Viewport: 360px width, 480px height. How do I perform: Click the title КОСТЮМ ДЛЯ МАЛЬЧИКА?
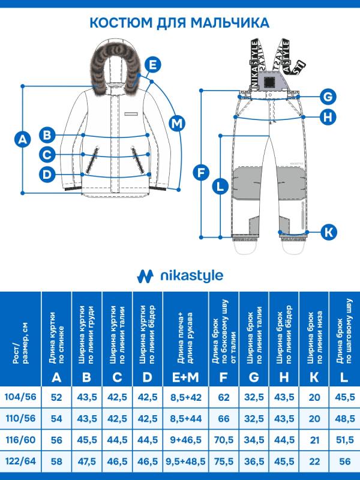point(179,23)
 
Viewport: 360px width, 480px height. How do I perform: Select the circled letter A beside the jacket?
point(22,140)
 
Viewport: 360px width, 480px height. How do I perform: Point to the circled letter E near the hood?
point(152,64)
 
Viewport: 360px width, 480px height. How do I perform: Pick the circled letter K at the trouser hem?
point(328,231)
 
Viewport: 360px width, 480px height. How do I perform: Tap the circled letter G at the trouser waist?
point(327,97)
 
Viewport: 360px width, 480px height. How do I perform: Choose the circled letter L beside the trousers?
point(220,186)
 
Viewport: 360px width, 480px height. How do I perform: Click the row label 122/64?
point(20,460)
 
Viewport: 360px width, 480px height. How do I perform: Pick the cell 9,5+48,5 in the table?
point(185,460)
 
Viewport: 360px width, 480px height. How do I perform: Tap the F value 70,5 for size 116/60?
point(224,439)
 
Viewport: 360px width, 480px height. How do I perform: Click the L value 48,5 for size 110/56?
point(343,418)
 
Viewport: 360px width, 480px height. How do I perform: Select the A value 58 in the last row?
point(56,460)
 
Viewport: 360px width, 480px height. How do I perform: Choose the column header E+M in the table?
point(185,377)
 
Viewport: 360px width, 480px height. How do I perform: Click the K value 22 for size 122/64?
point(314,460)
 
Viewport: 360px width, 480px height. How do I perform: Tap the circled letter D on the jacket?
point(47,175)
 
